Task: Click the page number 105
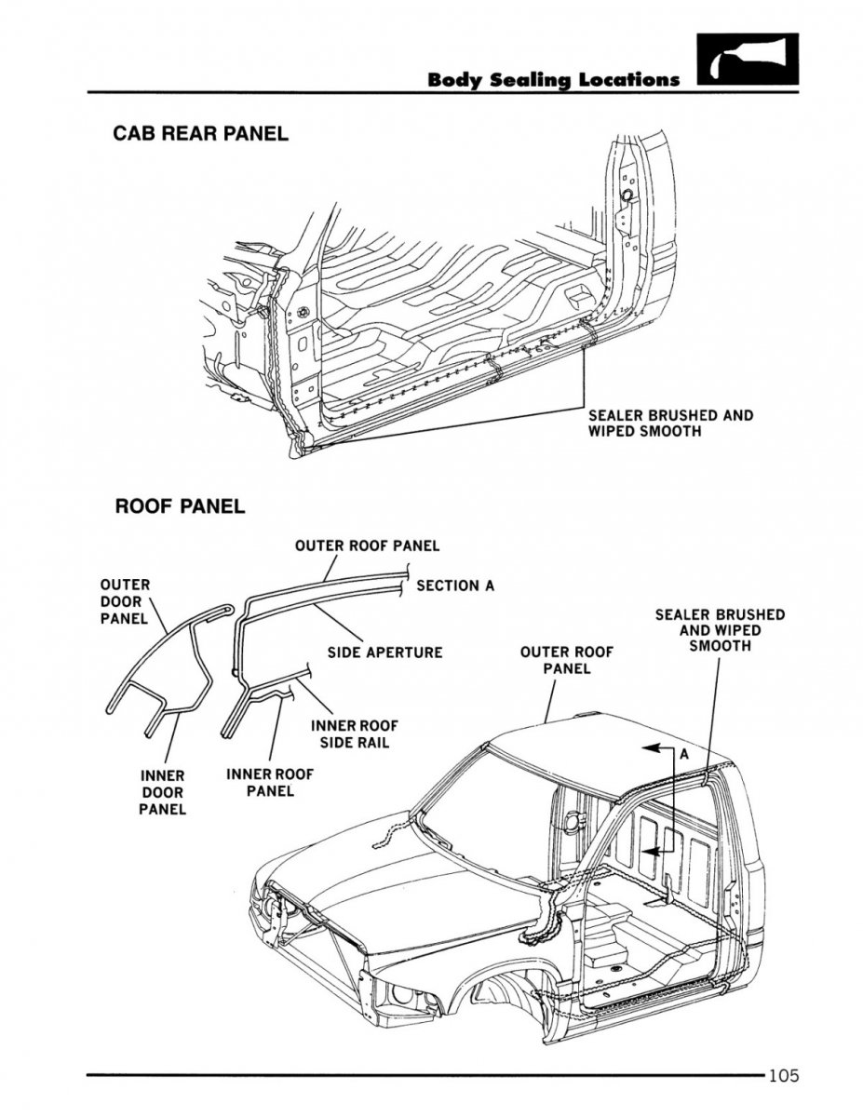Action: tap(784, 1078)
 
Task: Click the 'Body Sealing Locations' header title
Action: tap(553, 79)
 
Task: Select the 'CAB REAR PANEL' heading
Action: tap(200, 134)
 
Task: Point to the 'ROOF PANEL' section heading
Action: tap(180, 507)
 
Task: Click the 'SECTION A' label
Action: tap(455, 585)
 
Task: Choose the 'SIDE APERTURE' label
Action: tap(384, 653)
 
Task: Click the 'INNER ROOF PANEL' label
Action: tap(270, 782)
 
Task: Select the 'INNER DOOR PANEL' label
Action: tap(162, 792)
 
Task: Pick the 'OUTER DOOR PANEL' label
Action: tap(124, 601)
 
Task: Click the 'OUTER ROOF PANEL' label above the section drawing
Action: tap(367, 545)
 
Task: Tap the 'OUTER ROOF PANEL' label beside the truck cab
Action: tap(566, 660)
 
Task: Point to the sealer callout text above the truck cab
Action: tap(720, 630)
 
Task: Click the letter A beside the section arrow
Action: tap(682, 756)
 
